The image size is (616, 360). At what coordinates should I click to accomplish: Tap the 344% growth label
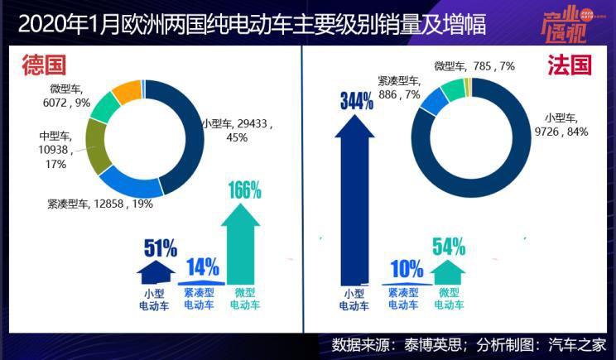tap(355, 102)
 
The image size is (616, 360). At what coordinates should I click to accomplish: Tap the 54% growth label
tap(448, 246)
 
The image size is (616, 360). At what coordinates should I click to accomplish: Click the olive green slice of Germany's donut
tap(97, 146)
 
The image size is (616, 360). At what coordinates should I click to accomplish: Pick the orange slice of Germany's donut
tap(127, 90)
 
